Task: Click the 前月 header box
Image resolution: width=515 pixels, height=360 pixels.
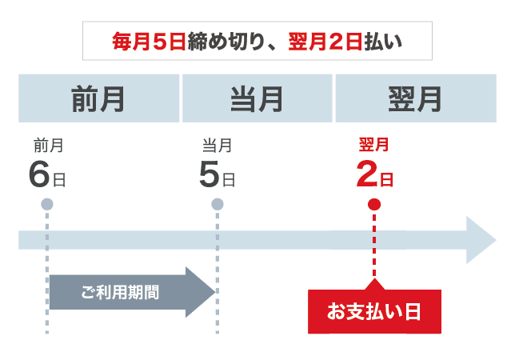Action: [99, 99]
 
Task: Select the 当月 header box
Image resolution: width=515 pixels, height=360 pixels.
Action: [257, 99]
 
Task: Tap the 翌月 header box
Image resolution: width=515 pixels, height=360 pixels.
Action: [416, 99]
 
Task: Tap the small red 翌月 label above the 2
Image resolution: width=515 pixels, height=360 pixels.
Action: [374, 145]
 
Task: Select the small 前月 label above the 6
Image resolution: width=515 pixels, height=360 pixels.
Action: [48, 145]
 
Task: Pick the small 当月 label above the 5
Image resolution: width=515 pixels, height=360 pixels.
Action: [218, 145]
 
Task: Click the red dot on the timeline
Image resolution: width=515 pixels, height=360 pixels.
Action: [374, 204]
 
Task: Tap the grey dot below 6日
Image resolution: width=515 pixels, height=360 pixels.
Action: [47, 204]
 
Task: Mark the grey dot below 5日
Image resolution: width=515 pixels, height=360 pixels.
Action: [217, 204]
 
